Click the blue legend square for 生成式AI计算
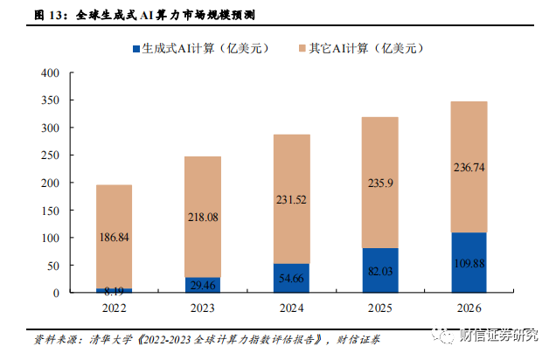point(138,51)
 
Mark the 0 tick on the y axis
point(54,292)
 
